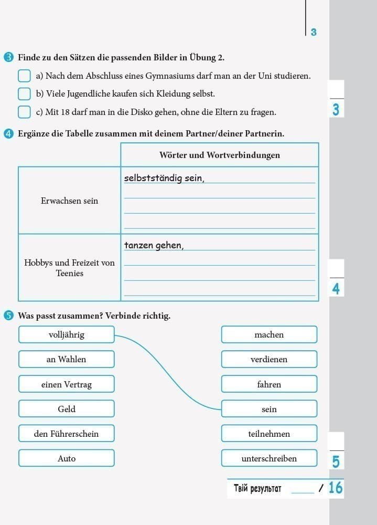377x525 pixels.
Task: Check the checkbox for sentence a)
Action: [x=24, y=76]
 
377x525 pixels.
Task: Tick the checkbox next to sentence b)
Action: [x=24, y=94]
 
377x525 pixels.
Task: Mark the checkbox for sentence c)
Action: [x=24, y=112]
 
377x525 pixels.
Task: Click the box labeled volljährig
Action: [x=66, y=334]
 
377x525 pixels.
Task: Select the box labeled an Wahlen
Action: [x=66, y=359]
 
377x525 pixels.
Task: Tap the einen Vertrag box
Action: [x=66, y=384]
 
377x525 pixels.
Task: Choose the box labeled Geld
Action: [x=66, y=409]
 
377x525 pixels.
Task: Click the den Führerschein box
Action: [x=66, y=434]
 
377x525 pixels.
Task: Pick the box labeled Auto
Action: [x=66, y=458]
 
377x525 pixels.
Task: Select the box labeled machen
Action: [x=269, y=334]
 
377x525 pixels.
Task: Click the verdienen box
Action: [x=269, y=359]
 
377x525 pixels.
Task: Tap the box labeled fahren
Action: [x=269, y=384]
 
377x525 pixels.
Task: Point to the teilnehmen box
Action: [x=269, y=434]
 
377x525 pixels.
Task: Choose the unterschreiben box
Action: [x=269, y=458]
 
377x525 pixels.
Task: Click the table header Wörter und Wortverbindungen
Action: [x=219, y=155]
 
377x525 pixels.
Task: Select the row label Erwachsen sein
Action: [x=69, y=201]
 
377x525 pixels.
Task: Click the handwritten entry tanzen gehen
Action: [x=154, y=245]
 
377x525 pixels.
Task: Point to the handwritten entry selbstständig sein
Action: [x=164, y=178]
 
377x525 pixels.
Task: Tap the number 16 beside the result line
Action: [x=336, y=488]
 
